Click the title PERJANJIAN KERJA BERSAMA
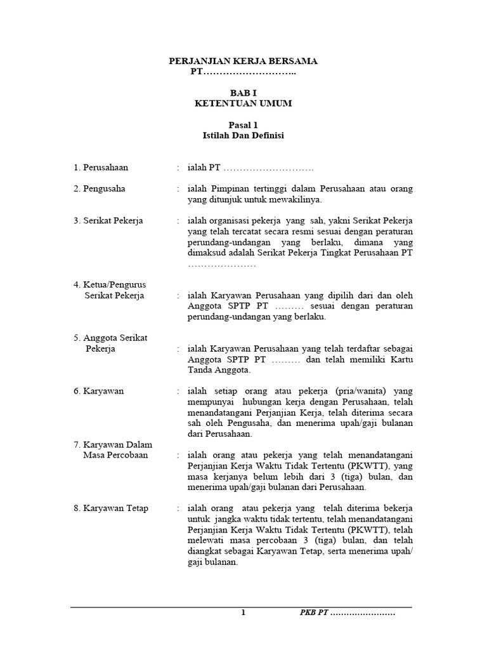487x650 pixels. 243,61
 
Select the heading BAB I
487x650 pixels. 243,93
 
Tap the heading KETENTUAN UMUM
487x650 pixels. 243,103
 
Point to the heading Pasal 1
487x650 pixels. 243,125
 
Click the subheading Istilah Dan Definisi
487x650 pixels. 243,136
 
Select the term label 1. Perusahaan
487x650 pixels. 100,168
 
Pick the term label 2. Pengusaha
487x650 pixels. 98,189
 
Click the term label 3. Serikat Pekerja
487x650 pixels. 107,220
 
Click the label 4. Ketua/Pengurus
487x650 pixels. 109,285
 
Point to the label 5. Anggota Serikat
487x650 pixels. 110,338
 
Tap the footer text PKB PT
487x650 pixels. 314,613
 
